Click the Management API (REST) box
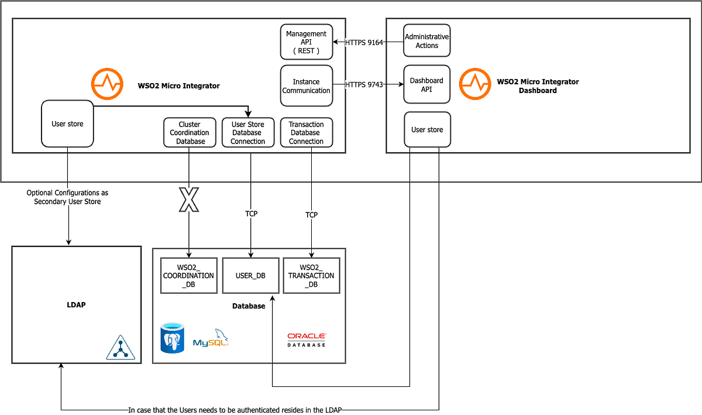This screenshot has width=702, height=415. coord(307,42)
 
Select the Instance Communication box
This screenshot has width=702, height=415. coord(307,86)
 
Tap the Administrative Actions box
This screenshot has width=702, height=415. coord(427,41)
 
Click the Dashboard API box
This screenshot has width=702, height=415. coord(427,84)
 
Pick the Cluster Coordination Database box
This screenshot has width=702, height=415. coord(189,133)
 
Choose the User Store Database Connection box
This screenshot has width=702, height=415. coord(248,133)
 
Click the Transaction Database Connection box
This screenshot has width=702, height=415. coord(307,133)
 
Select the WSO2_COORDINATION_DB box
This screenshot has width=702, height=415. coord(189,276)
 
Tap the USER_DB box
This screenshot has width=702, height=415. coord(251,276)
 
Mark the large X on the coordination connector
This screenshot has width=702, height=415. coord(189,200)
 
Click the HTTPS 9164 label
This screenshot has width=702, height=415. coord(364,42)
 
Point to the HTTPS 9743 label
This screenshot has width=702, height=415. coord(364,85)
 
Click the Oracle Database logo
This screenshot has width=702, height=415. coord(307,339)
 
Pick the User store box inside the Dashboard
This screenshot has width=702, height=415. coord(427,130)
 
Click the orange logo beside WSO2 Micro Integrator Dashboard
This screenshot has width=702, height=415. coord(474,84)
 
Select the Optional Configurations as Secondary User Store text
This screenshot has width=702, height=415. coord(67,197)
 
